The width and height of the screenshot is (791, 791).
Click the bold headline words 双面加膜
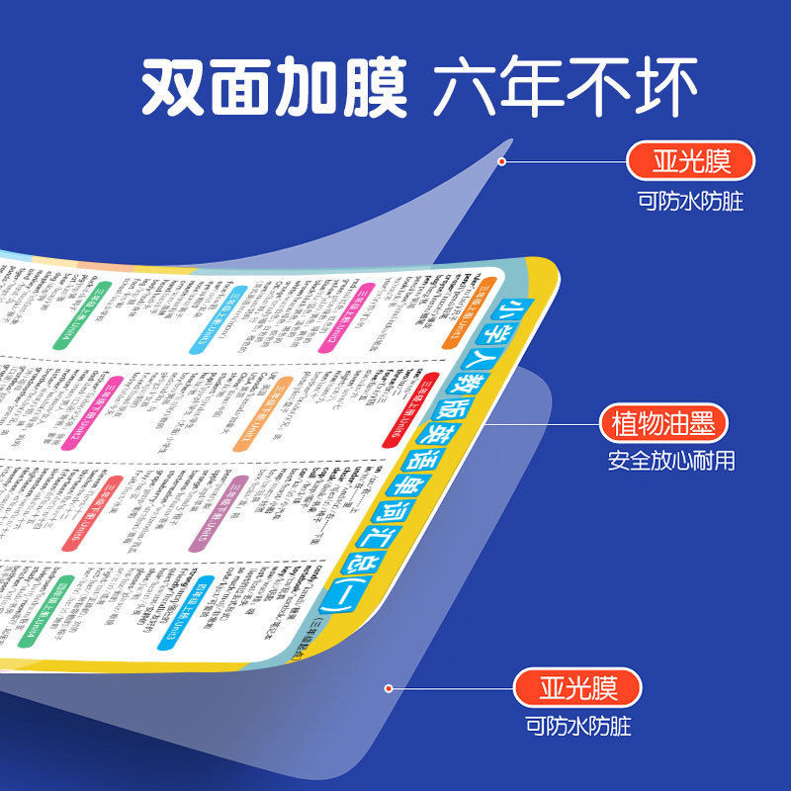point(274,90)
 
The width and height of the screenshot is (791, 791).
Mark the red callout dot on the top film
point(502,161)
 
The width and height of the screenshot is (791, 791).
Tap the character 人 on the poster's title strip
point(469,368)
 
